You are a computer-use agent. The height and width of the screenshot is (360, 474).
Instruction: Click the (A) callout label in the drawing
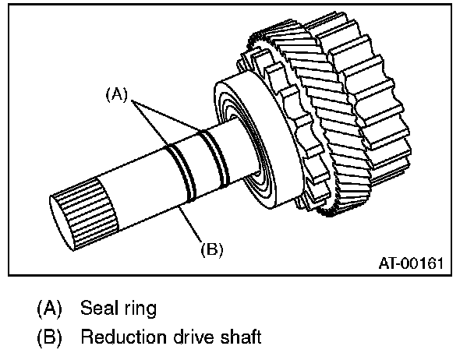coord(116,94)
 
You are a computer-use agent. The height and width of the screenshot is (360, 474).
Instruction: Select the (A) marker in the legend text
coord(48,308)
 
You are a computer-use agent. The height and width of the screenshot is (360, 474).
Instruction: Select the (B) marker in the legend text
coord(48,337)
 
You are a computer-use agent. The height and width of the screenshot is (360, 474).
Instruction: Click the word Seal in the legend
coord(97,308)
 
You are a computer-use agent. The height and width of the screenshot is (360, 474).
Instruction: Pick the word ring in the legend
coord(138,309)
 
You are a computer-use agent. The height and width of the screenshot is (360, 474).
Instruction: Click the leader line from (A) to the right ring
coord(172,117)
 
